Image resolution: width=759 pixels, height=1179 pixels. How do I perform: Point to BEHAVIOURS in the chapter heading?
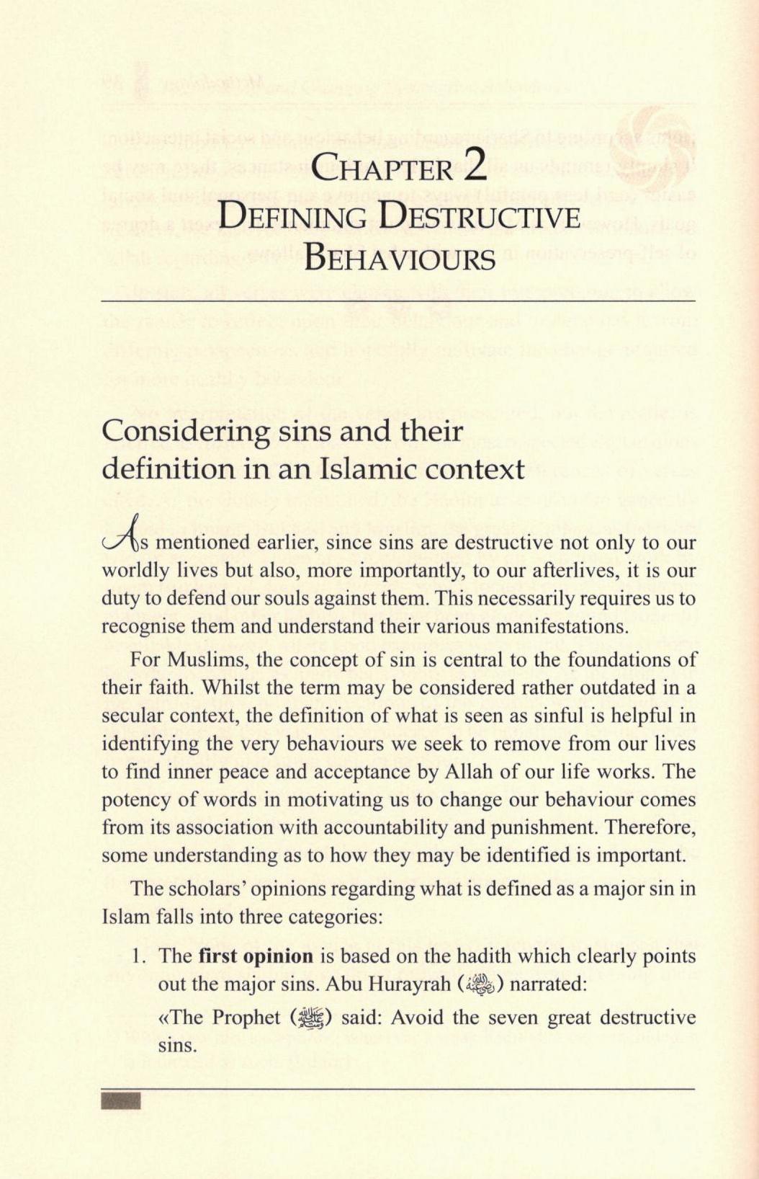tap(399, 258)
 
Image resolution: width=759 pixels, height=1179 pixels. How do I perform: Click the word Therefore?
tap(650, 827)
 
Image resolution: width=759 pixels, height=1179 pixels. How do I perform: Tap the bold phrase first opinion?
tap(256, 956)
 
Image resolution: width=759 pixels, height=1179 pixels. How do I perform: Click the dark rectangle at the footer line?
tap(121, 1100)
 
